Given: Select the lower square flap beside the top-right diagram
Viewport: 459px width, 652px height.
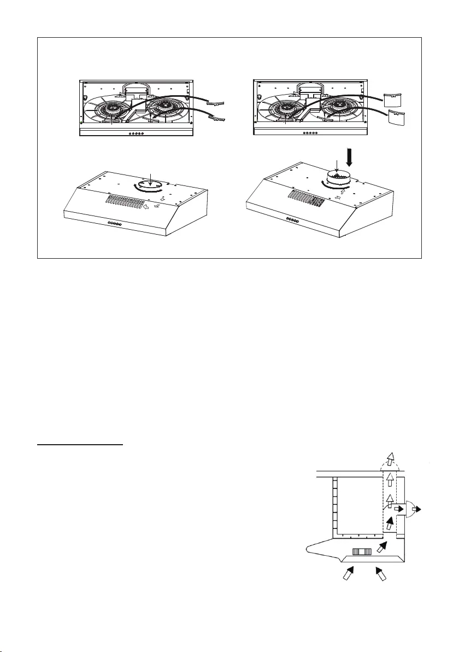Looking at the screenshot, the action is point(396,118).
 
